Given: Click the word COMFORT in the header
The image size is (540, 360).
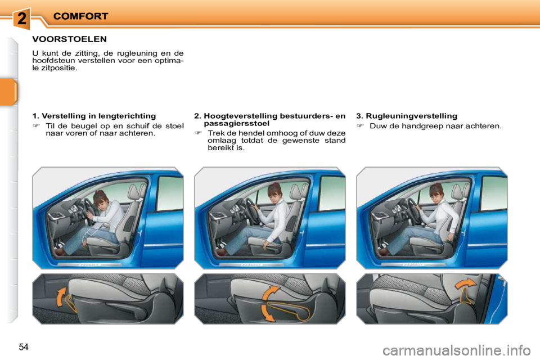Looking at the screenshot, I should point(80,17).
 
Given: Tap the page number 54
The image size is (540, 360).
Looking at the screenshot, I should point(24,346).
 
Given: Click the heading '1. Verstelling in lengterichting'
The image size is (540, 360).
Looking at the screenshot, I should point(94,116).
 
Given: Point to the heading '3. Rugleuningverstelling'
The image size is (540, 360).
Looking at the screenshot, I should point(407,116).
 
